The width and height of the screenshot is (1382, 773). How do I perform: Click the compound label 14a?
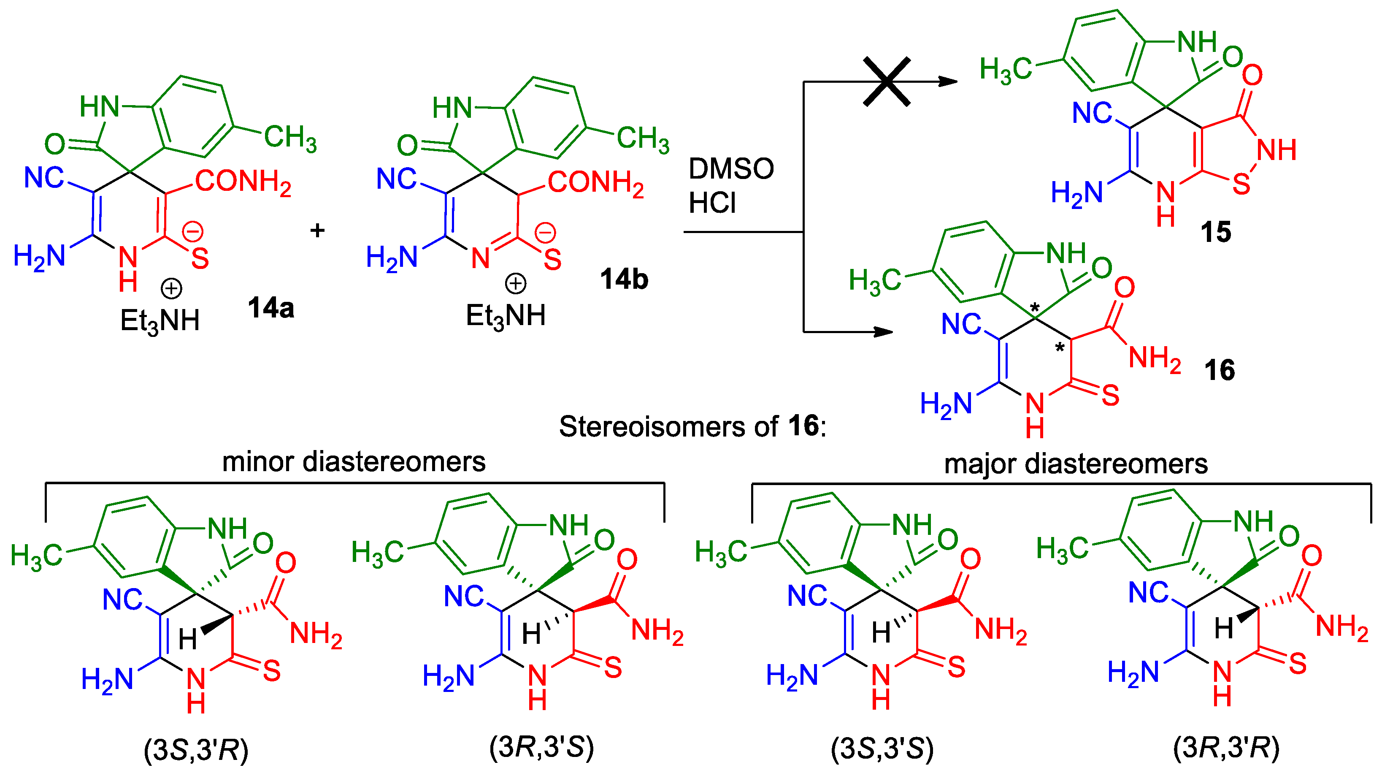click(x=271, y=308)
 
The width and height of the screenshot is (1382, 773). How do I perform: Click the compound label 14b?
click(x=624, y=279)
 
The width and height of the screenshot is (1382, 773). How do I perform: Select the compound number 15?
click(x=1216, y=232)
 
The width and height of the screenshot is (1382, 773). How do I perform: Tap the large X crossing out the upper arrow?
click(x=887, y=81)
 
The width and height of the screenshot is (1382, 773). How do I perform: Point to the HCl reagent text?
click(x=712, y=203)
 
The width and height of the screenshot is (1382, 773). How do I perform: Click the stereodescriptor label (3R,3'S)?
click(x=542, y=747)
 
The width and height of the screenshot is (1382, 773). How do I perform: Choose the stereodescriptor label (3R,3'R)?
click(x=1226, y=747)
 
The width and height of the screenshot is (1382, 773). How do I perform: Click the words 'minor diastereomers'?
click(x=354, y=462)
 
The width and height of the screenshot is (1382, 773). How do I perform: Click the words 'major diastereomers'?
click(x=1076, y=464)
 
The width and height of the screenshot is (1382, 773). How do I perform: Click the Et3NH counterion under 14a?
click(x=160, y=321)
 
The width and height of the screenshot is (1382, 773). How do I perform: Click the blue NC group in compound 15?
click(x=1092, y=113)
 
